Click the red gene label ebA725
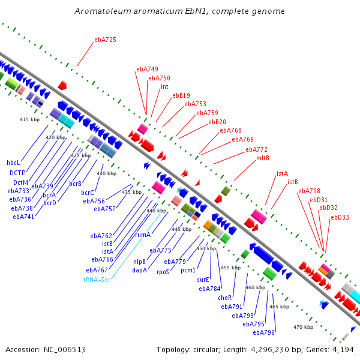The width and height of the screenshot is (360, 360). click(x=106, y=40)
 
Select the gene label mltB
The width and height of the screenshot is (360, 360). click(x=263, y=158)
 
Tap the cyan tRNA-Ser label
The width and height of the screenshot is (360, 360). click(x=97, y=280)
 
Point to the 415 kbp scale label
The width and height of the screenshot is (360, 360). click(x=29, y=119)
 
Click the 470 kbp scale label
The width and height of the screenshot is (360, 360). click(x=303, y=327)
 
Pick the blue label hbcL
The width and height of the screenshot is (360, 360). click(x=13, y=163)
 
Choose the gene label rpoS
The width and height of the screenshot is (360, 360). click(x=163, y=272)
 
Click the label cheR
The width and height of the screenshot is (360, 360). click(x=225, y=298)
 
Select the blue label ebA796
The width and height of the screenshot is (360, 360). click(x=264, y=332)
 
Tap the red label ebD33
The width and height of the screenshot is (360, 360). click(x=340, y=217)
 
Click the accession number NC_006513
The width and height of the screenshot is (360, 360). click(x=65, y=350)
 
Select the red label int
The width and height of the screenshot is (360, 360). click(x=164, y=86)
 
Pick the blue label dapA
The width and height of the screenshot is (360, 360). click(x=140, y=270)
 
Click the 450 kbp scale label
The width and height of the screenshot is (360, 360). click(x=206, y=248)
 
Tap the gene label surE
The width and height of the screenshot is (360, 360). click(x=203, y=280)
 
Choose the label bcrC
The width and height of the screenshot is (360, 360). click(x=88, y=193)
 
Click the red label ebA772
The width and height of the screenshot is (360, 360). click(x=257, y=149)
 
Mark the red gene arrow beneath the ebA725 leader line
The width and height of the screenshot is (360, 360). click(x=62, y=85)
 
